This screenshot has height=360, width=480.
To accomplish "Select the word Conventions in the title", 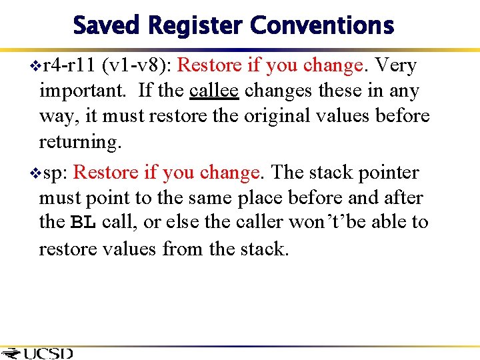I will point(322,26).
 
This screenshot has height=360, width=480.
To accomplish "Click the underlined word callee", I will point(214,91).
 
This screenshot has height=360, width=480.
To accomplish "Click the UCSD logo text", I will point(47,353).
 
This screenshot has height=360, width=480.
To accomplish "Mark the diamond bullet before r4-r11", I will point(35,66).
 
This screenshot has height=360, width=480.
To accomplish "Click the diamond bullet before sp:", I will point(35,173).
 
